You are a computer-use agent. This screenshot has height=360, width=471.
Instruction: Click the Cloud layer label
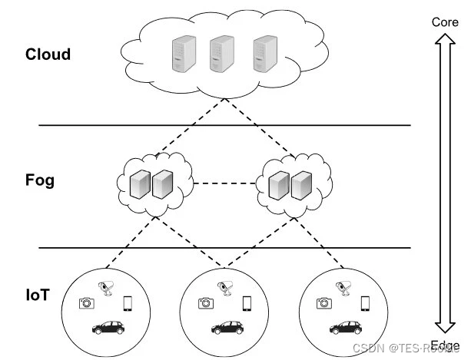click(48, 54)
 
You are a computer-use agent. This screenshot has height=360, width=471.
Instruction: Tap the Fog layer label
click(41, 183)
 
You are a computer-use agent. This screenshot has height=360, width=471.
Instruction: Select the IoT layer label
click(38, 294)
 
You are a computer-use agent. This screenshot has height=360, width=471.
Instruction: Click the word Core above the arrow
click(445, 22)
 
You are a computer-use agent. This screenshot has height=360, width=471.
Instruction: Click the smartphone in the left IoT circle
click(128, 303)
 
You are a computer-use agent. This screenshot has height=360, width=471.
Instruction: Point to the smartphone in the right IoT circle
click(366, 303)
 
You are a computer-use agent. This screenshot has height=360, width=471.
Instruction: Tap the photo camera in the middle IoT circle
click(204, 303)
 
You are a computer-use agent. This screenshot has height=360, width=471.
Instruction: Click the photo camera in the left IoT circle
click(86, 303)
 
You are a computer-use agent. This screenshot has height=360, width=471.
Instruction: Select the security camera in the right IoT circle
click(343, 289)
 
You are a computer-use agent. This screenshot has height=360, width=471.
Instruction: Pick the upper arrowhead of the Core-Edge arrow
click(445, 40)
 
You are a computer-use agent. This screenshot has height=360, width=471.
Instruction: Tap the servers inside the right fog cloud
click(290, 183)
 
